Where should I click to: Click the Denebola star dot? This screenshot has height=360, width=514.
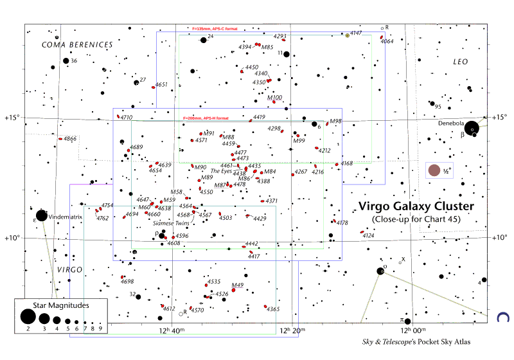[472, 129]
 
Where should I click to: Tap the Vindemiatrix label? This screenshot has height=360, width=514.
[66, 217]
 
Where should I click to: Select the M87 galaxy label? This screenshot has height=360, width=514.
[220, 185]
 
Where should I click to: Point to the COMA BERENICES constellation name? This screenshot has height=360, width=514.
[77, 44]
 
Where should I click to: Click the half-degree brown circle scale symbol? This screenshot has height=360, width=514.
[435, 170]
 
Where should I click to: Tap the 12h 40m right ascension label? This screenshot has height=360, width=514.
[172, 331]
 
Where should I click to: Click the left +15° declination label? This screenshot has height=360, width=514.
[12, 118]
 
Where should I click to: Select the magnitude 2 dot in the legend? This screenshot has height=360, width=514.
[27, 317]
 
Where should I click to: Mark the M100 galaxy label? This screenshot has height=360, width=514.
[274, 97]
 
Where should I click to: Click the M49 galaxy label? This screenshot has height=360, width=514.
[238, 285]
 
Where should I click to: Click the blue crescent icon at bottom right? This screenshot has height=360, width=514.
[503, 317]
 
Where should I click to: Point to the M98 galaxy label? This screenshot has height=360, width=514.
[335, 121]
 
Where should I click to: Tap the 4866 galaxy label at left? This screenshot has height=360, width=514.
[70, 139]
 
